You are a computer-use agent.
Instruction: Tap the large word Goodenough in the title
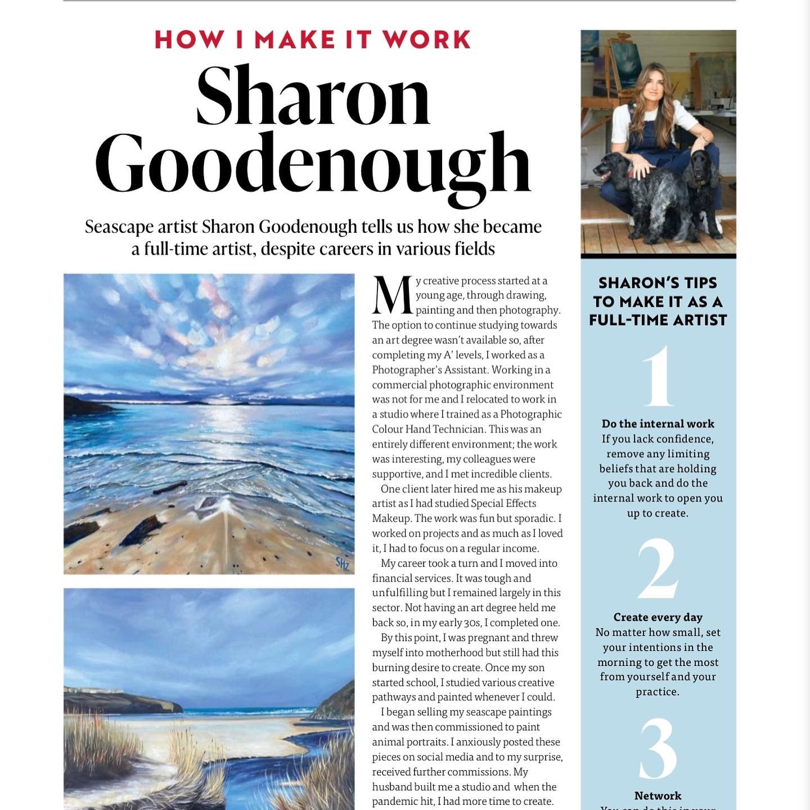click(x=313, y=164)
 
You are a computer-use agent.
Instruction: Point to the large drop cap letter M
click(x=392, y=295)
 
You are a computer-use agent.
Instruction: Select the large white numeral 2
click(x=658, y=569)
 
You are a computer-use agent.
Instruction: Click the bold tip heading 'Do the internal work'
click(x=658, y=424)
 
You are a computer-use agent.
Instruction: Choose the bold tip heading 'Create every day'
click(x=658, y=617)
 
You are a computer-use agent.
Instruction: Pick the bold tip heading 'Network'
click(x=658, y=795)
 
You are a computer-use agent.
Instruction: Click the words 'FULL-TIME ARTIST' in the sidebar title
click(x=658, y=320)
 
